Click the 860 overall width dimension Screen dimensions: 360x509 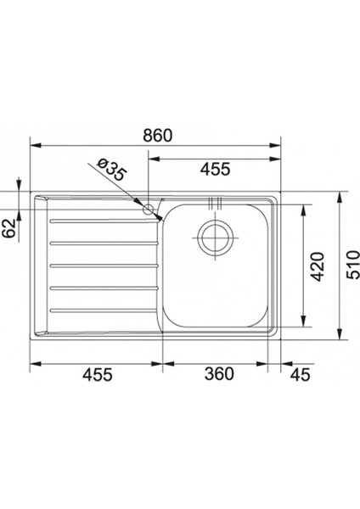pos(158,136)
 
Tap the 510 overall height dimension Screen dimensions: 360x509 pos(353,264)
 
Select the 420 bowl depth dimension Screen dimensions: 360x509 pos(317,266)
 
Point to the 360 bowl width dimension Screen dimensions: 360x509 pos(219,373)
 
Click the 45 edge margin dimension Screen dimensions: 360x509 pos(301,374)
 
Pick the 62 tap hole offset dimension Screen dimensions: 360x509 pos(9,228)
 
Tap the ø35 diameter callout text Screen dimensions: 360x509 pos(111,170)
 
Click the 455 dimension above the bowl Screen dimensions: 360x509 pos(216,169)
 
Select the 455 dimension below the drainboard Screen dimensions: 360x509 pos(98,374)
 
